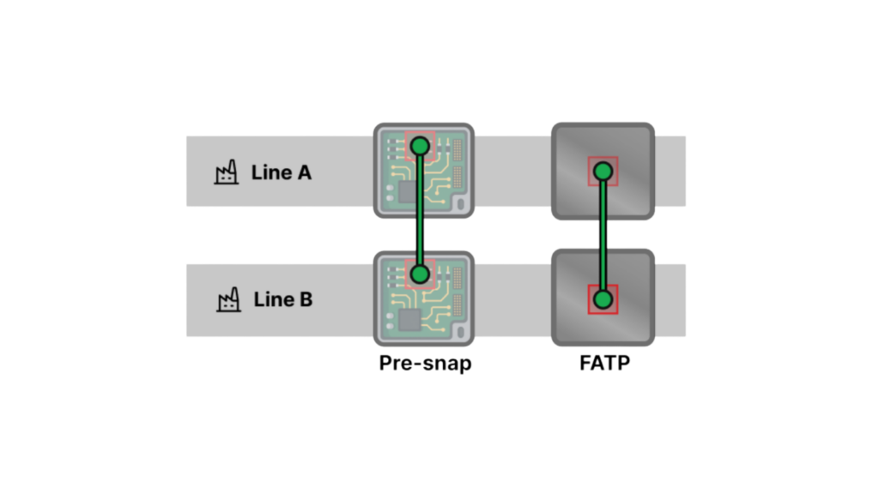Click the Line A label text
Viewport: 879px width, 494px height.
(281, 172)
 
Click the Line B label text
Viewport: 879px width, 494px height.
(282, 300)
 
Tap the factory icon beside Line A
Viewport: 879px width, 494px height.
(226, 173)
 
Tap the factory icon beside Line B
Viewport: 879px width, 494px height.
(227, 300)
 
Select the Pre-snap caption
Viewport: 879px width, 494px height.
(425, 364)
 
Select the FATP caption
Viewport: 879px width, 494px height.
(603, 364)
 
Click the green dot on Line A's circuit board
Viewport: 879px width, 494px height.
(420, 147)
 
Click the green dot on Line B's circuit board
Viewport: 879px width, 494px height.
(420, 274)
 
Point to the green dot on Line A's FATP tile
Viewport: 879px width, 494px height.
(603, 172)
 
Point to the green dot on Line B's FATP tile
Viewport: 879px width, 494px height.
(603, 299)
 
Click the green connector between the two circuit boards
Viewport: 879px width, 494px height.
(420, 211)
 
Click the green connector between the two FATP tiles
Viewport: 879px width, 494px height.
(603, 236)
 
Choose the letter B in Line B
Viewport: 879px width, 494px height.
(306, 300)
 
